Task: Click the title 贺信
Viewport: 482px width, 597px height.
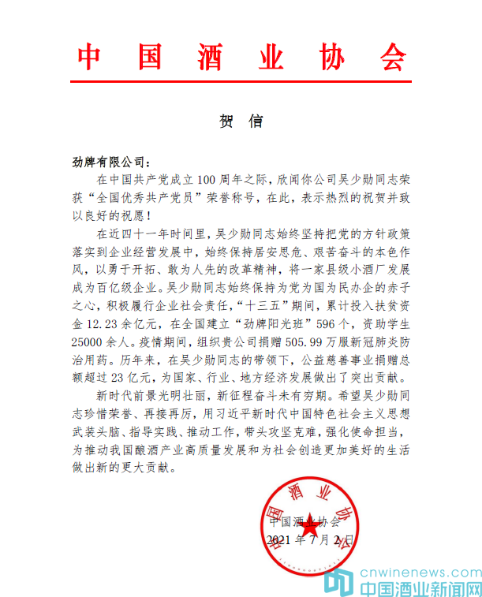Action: (241, 121)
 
